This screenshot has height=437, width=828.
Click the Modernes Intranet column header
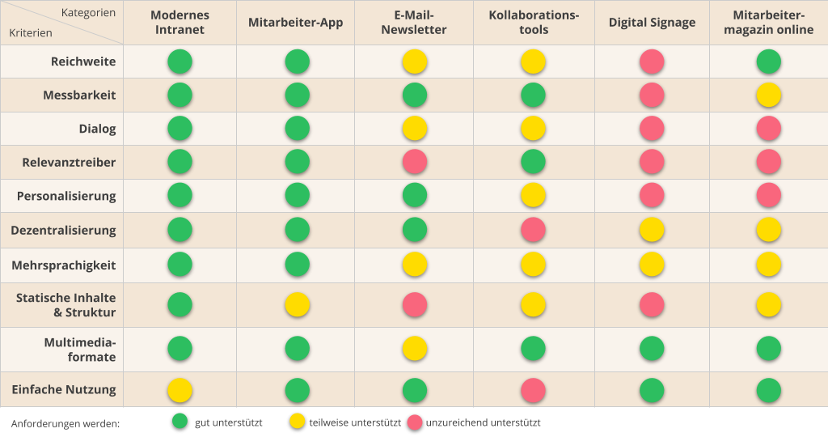[x=180, y=23]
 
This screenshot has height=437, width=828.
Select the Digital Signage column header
[x=652, y=23]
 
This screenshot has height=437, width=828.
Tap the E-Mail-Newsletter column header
[x=415, y=23]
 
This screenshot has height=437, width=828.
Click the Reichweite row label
[x=83, y=62]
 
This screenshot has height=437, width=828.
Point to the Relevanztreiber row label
[x=69, y=163]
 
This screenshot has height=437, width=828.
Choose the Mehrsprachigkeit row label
[x=64, y=265]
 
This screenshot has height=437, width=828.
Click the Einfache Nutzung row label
[x=64, y=390]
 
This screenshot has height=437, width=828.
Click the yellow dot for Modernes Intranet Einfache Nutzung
[x=180, y=390]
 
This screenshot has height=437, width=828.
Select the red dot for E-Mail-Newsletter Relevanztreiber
[x=415, y=163]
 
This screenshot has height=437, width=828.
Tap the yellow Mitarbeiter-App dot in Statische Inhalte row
[x=298, y=305]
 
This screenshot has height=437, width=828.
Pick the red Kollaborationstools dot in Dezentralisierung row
[x=533, y=231]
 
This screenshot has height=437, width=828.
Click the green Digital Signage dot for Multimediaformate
[x=652, y=349]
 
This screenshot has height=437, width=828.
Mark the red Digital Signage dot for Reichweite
[x=652, y=62]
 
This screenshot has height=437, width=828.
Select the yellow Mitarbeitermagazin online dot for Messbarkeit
[x=768, y=95]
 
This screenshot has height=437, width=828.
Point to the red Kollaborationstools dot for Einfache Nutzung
[x=533, y=390]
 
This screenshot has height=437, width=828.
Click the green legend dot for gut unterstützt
[x=180, y=422]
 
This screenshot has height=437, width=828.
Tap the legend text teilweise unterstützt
[x=355, y=422]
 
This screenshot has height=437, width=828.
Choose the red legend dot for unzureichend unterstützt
[x=415, y=422]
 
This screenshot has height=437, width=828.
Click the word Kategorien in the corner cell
[x=88, y=12]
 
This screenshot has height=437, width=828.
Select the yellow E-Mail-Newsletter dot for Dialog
[x=415, y=129]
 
